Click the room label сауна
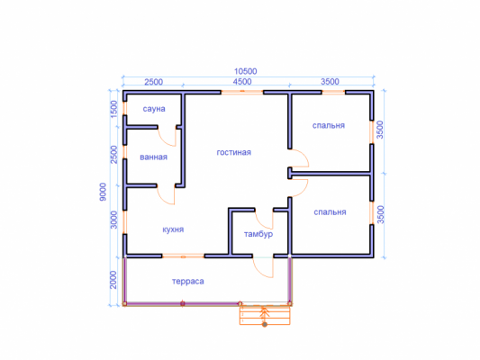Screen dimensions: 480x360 [x=154, y=109]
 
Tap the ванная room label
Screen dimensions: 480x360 [x=153, y=157]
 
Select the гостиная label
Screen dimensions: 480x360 [x=234, y=152]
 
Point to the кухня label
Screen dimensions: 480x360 [x=173, y=229]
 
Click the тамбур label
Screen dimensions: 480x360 [x=258, y=234]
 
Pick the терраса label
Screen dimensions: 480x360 [x=188, y=282]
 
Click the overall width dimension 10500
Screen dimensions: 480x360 [x=246, y=71]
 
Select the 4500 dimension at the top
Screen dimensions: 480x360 [x=242, y=82]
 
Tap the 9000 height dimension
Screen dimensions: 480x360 [x=103, y=192]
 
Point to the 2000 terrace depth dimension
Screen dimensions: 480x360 [x=113, y=280]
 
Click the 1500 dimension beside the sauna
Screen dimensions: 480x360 [x=113, y=109]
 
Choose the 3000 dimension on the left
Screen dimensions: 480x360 [x=113, y=220]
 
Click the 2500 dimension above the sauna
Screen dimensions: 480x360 [x=154, y=82]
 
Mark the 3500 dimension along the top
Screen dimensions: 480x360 [x=330, y=82]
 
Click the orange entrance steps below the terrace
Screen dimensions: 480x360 [x=265, y=315]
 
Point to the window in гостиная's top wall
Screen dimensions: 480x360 [x=242, y=92]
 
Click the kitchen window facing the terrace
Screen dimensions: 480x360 [x=183, y=256]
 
